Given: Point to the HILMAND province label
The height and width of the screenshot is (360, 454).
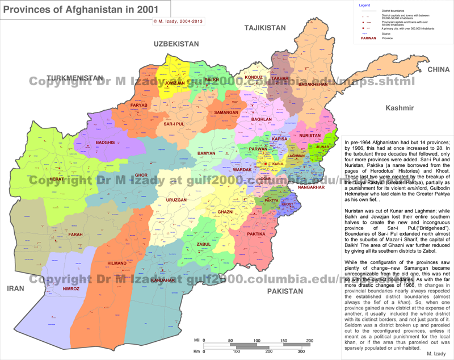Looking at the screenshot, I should click(117, 263).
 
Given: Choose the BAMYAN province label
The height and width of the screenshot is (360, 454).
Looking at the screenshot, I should click(206, 153).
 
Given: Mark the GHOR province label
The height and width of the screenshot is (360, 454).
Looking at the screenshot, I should click(141, 175).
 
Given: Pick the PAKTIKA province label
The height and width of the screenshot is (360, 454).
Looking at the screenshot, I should click(257, 233).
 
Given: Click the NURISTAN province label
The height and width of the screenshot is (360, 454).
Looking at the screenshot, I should click(310, 136).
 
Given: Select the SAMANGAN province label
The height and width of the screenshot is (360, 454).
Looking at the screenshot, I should click(226, 113).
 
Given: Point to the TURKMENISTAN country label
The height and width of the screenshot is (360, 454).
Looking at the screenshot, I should click(75, 78).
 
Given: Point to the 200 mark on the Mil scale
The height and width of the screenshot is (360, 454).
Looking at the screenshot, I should click(309, 340).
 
